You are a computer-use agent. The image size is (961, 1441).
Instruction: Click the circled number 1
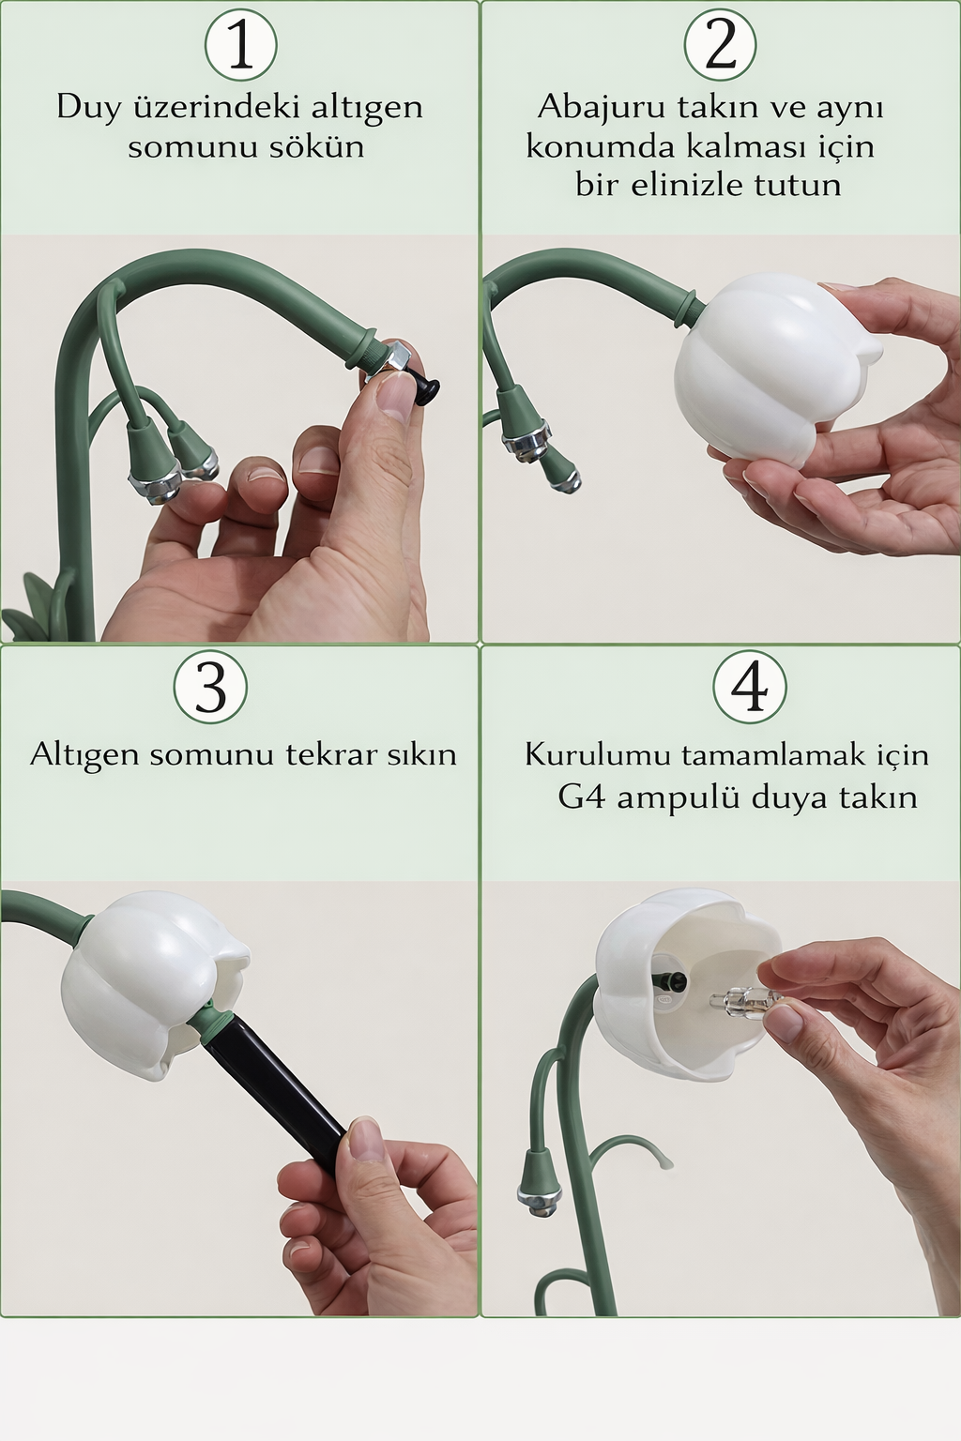[240, 44]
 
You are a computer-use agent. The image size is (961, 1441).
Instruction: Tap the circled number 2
[720, 44]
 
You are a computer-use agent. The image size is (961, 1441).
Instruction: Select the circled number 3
[210, 686]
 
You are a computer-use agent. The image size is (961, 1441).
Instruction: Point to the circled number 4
[749, 686]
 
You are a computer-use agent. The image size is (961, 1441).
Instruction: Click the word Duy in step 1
[88, 107]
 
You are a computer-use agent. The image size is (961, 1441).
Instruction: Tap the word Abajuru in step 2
[594, 107]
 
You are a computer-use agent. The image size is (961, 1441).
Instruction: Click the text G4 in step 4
[581, 797]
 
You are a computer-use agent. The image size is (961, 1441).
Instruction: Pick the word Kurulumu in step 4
[597, 754]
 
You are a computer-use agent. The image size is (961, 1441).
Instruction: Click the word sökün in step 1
[316, 147]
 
